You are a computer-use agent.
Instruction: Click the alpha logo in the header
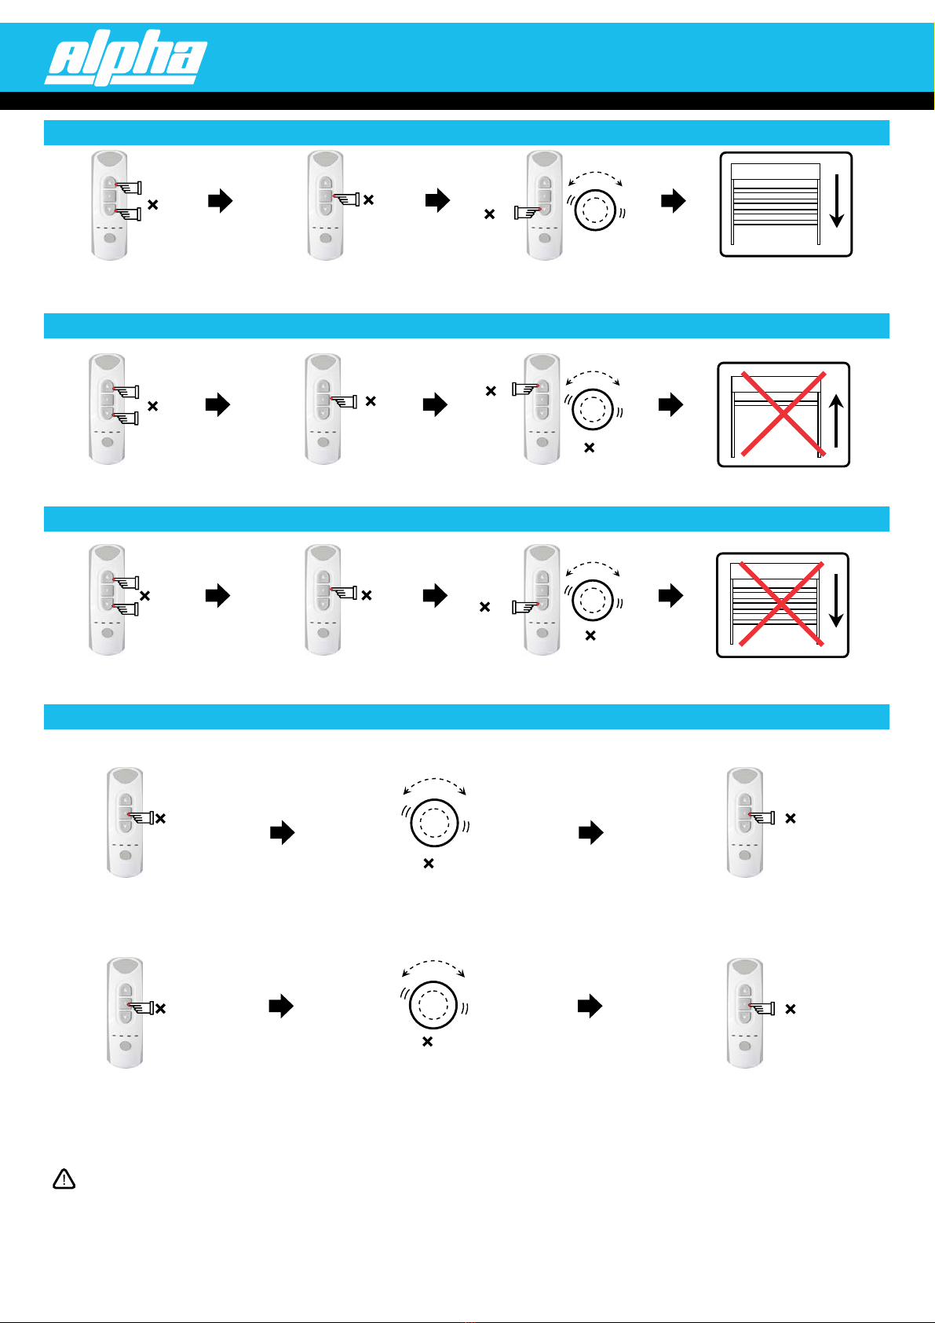point(126,57)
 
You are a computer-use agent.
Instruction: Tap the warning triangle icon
point(64,1179)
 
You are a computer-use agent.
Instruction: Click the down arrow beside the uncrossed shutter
point(836,202)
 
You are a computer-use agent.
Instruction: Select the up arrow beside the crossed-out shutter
point(837,419)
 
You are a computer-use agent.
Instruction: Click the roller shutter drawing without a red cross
point(775,204)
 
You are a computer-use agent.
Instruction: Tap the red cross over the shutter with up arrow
point(778,414)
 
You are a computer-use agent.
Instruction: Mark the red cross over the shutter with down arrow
point(778,604)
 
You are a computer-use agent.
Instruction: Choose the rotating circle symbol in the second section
point(593,409)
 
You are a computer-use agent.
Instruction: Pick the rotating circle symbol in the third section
point(593,601)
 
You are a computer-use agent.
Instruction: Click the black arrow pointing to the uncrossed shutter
point(673,201)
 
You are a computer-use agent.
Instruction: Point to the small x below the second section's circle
point(590,448)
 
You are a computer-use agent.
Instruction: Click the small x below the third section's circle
point(590,636)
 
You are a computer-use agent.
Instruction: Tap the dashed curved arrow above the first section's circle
point(594,176)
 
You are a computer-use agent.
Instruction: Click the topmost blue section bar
point(466,133)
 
